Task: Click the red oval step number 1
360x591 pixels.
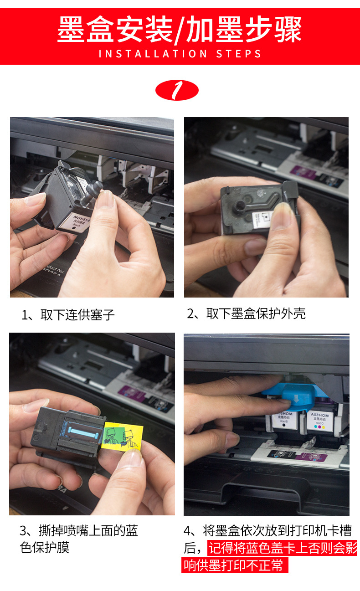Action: pos(177,91)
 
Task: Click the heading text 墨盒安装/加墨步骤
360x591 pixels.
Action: pos(180,30)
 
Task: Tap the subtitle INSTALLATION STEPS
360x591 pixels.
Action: pos(180,54)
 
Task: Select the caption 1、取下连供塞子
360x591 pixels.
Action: pos(68,315)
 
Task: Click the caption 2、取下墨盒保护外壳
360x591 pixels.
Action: pos(246,313)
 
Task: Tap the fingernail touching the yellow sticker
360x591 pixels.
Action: pos(132,458)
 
